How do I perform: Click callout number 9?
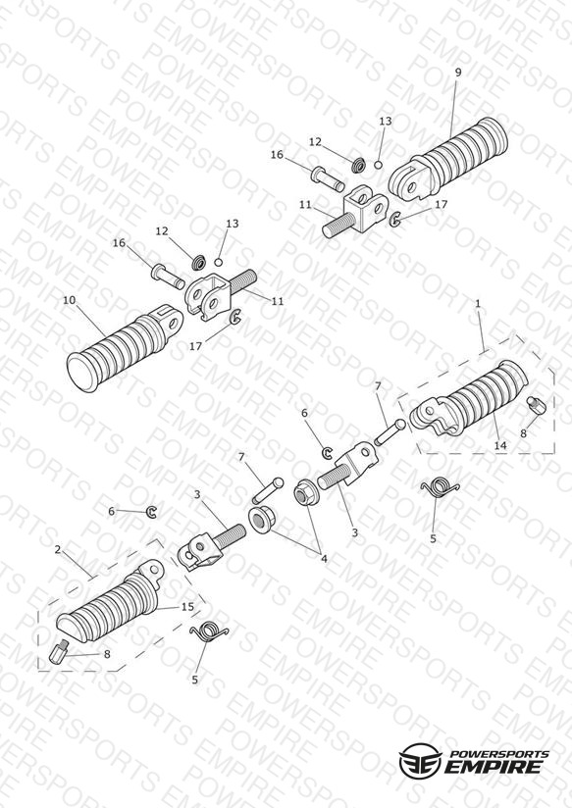[x=458, y=73]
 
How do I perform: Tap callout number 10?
[x=69, y=300]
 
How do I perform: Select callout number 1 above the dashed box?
[x=478, y=304]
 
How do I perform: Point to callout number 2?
[x=57, y=550]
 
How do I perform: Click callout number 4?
[x=324, y=558]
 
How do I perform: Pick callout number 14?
[x=500, y=445]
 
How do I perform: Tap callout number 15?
[x=187, y=607]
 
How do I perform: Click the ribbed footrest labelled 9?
[x=449, y=158]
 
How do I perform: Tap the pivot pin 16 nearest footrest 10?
[x=168, y=276]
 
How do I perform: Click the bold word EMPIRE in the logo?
[x=494, y=767]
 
